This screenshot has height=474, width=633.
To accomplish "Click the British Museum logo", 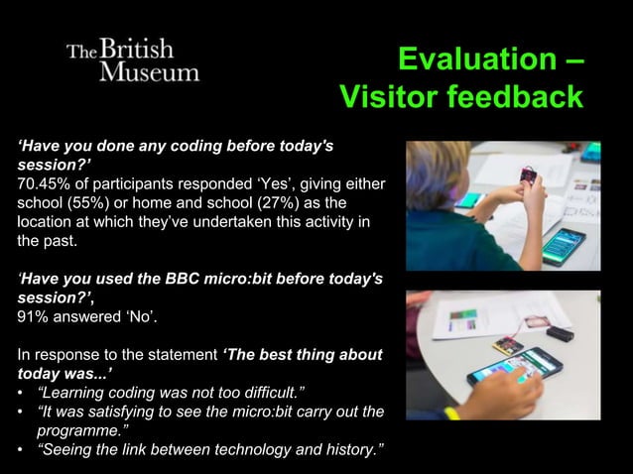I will (x=133, y=60).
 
